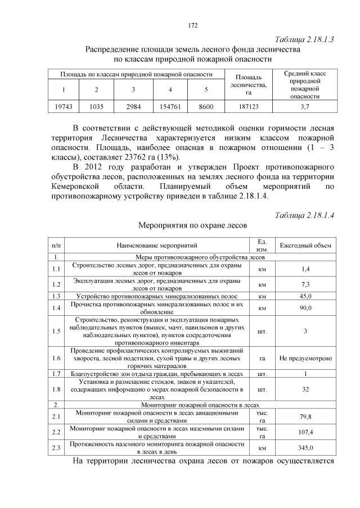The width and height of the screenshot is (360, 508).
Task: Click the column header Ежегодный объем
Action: [x=305, y=245]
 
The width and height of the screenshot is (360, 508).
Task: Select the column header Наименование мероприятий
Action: [x=157, y=246]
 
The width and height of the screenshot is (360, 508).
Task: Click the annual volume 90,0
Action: [x=305, y=307]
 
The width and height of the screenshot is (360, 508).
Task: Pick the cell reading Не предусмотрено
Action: [x=305, y=357]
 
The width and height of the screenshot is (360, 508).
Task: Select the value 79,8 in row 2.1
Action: [x=305, y=416]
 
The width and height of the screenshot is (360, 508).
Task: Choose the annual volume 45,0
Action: [x=305, y=296]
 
